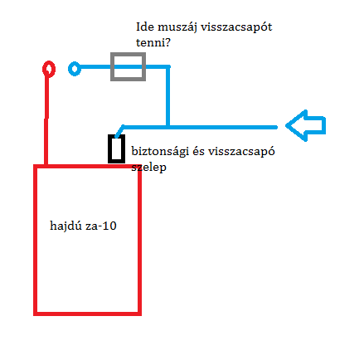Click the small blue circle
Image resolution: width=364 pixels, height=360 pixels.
pos(70,69)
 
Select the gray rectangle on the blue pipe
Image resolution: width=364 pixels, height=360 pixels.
pos(112,66)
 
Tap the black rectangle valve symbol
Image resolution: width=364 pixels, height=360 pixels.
pos(109,148)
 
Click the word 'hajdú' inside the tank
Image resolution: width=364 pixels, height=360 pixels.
pos(66,226)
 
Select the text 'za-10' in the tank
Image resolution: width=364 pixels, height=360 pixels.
pos(101,226)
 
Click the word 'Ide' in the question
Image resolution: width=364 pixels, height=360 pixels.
pos(145,27)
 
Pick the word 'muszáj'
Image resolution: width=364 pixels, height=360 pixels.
pos(177,27)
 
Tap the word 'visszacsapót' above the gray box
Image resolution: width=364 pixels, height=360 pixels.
pos(236,27)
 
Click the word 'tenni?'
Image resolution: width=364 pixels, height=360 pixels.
pos(153,42)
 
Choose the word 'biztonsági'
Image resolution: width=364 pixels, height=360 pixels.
pos(160,152)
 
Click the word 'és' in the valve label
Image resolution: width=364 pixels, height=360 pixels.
pos(199,151)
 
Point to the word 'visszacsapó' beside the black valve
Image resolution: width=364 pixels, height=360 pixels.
pos(241,152)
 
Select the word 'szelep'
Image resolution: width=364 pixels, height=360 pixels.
pos(148,168)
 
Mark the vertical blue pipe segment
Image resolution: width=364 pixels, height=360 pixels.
pos(167,96)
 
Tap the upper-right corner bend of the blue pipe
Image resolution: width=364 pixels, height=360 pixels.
pos(167,66)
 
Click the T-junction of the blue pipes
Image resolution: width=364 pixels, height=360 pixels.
pos(167,127)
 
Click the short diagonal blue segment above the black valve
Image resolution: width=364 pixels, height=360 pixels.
pos(119,131)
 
